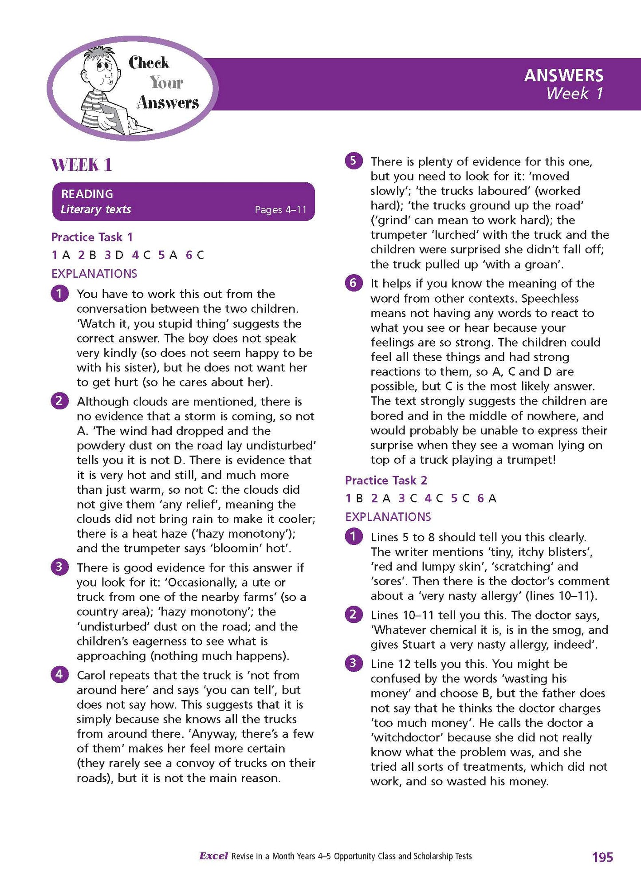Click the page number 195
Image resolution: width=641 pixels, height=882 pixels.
(602, 857)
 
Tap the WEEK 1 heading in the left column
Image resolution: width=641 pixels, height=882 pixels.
(82, 165)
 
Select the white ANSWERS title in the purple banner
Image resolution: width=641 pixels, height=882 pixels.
(563, 75)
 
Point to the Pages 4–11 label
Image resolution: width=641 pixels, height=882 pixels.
(280, 209)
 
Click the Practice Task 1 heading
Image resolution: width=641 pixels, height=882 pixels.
(92, 237)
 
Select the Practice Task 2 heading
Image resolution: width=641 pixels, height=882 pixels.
(386, 480)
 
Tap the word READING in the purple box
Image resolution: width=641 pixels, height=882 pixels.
(87, 194)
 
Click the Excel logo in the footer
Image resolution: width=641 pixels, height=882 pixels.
(213, 856)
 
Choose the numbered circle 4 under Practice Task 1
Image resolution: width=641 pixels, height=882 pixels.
(60, 675)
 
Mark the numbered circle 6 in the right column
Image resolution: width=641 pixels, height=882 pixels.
(354, 283)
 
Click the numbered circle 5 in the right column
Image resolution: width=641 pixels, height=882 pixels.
(354, 161)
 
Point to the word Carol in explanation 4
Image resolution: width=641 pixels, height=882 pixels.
(91, 675)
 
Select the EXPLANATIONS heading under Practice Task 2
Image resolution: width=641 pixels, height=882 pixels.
(388, 517)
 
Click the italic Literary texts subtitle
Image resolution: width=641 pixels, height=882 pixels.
(96, 209)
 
